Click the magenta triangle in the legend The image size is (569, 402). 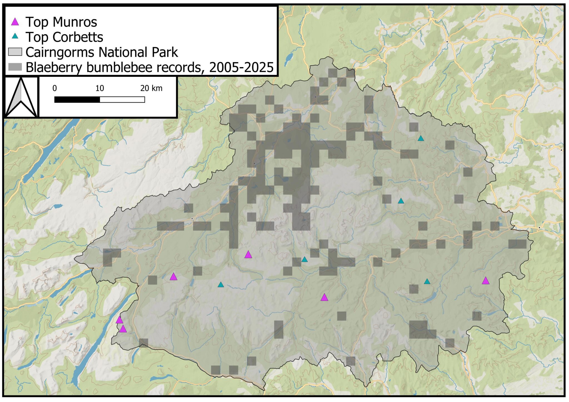pos(15,22)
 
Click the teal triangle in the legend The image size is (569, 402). pos(15,36)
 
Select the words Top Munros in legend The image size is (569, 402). pos(61,22)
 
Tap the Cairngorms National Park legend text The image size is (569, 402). pos(102,52)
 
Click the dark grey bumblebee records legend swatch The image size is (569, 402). pos(15,67)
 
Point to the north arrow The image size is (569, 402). pos(21,97)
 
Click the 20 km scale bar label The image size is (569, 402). pos(151,88)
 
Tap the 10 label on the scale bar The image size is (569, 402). pos(99,88)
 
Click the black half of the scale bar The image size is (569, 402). pos(77,99)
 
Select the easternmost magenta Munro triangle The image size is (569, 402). pos(485,281)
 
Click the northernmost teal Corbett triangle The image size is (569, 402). pos(421,138)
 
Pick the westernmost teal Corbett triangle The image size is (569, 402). pos(221,285)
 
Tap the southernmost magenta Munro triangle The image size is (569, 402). pos(123,329)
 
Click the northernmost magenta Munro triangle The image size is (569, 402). pos(248,255)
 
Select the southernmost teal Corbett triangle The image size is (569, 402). pos(221,285)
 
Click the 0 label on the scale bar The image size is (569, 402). pos(55,88)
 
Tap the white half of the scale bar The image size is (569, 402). pos(122,99)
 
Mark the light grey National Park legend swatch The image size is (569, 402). pos(15,52)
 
